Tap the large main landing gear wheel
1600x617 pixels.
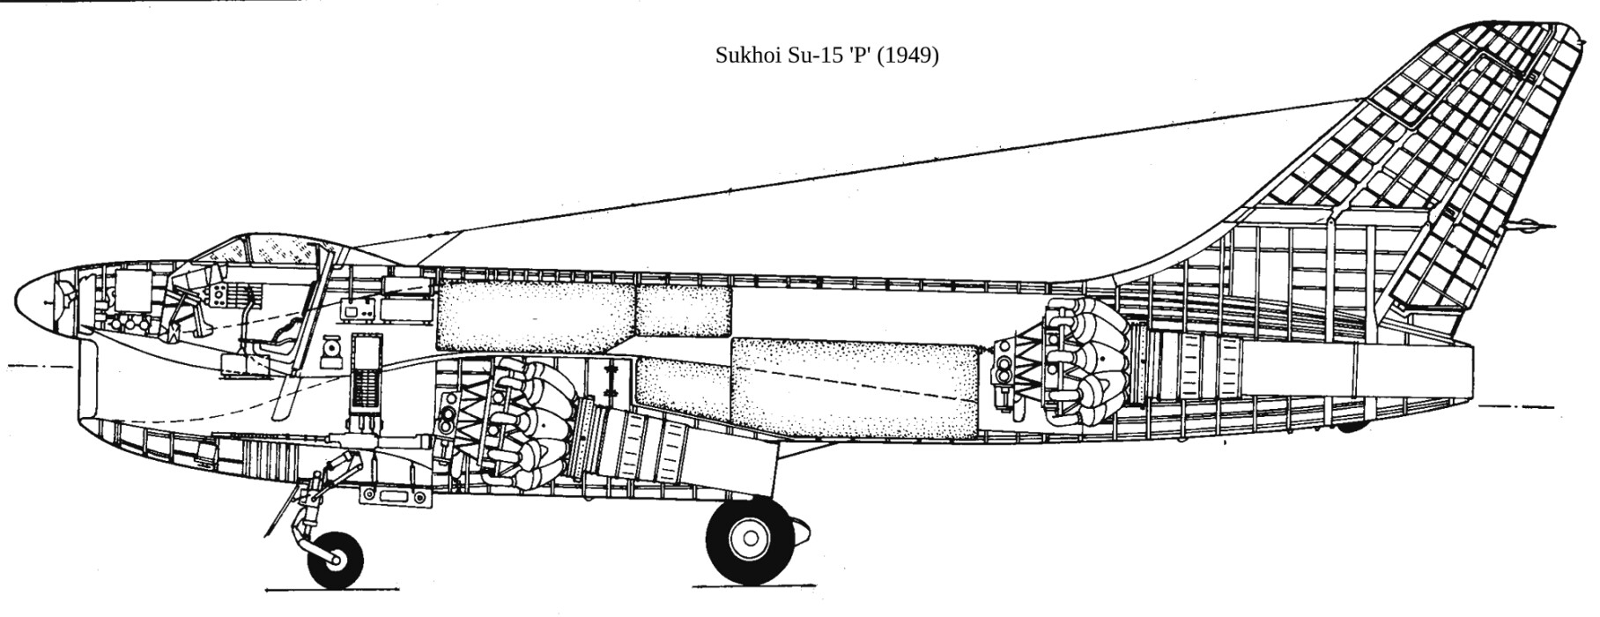click(749, 536)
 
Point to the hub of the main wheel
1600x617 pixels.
click(749, 536)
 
